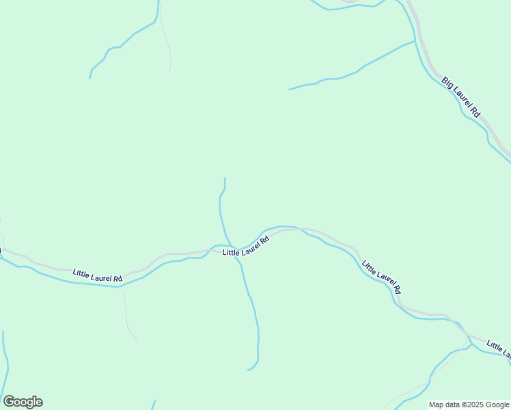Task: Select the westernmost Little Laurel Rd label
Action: click(x=98, y=276)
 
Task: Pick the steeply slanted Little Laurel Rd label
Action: click(x=381, y=277)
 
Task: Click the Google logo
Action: click(x=23, y=402)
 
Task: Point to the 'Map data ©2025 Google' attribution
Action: click(x=469, y=405)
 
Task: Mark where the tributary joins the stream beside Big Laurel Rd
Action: click(x=415, y=42)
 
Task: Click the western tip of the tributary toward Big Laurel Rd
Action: click(x=290, y=90)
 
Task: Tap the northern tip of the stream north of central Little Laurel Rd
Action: click(x=225, y=178)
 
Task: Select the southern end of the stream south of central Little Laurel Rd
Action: click(x=248, y=370)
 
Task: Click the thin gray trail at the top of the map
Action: click(x=165, y=41)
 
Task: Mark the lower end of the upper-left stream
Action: click(x=90, y=78)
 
